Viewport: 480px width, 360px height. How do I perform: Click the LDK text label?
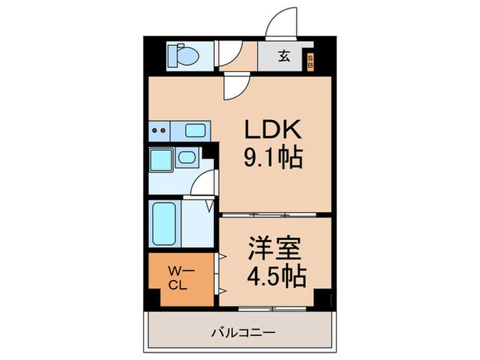pyautogui.click(x=268, y=130)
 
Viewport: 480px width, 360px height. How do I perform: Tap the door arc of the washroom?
pyautogui.click(x=204, y=184)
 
